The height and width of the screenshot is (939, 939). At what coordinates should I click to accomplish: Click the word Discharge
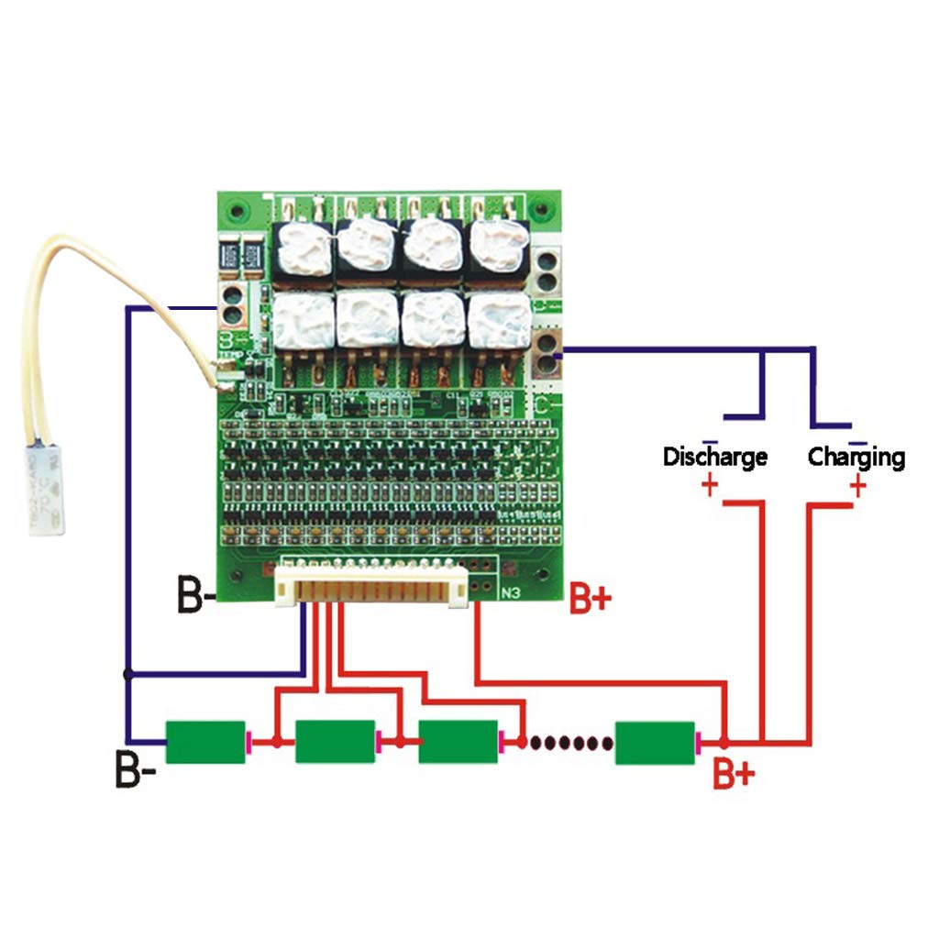coord(715,457)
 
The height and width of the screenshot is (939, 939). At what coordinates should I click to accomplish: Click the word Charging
coord(856,457)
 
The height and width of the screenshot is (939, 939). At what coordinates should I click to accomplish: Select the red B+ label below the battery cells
coord(734,775)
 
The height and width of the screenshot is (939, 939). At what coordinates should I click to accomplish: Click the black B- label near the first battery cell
coord(135,770)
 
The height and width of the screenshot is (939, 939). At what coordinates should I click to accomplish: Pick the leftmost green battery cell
coord(205,742)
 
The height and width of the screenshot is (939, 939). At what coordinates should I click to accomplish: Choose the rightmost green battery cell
coord(655,742)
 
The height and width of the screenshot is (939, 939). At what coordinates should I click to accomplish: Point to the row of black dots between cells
coord(567,742)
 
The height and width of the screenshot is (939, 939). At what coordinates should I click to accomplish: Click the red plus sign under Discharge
coord(709,485)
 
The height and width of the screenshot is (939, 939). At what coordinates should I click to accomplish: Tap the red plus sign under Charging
coord(857,486)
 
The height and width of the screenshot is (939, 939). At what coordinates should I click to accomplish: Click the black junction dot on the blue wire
coord(128,674)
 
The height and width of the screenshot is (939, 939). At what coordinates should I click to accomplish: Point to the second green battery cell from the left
coord(336,742)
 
